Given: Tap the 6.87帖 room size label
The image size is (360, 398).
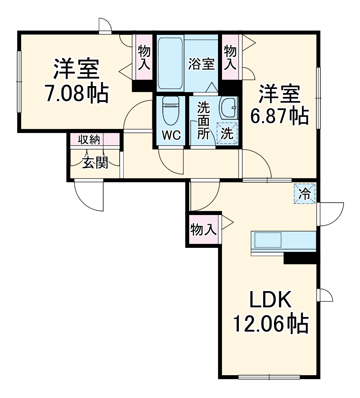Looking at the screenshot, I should (279, 116).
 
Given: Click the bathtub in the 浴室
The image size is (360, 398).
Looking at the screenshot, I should (170, 63).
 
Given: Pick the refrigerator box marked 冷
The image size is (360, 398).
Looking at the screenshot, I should (305, 194).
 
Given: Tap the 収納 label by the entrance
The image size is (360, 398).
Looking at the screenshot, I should (89, 140).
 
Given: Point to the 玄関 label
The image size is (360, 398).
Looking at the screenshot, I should (95, 163).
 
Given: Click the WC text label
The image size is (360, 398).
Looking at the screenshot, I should (171, 135).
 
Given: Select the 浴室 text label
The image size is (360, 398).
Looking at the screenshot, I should (202, 64).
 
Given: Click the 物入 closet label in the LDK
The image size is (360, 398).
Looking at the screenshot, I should (204, 230).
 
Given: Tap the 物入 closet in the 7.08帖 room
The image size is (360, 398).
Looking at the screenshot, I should (144, 57).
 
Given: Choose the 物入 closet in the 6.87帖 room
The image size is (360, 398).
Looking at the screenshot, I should (230, 57).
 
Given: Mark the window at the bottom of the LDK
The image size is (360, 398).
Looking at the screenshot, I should (269, 377).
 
